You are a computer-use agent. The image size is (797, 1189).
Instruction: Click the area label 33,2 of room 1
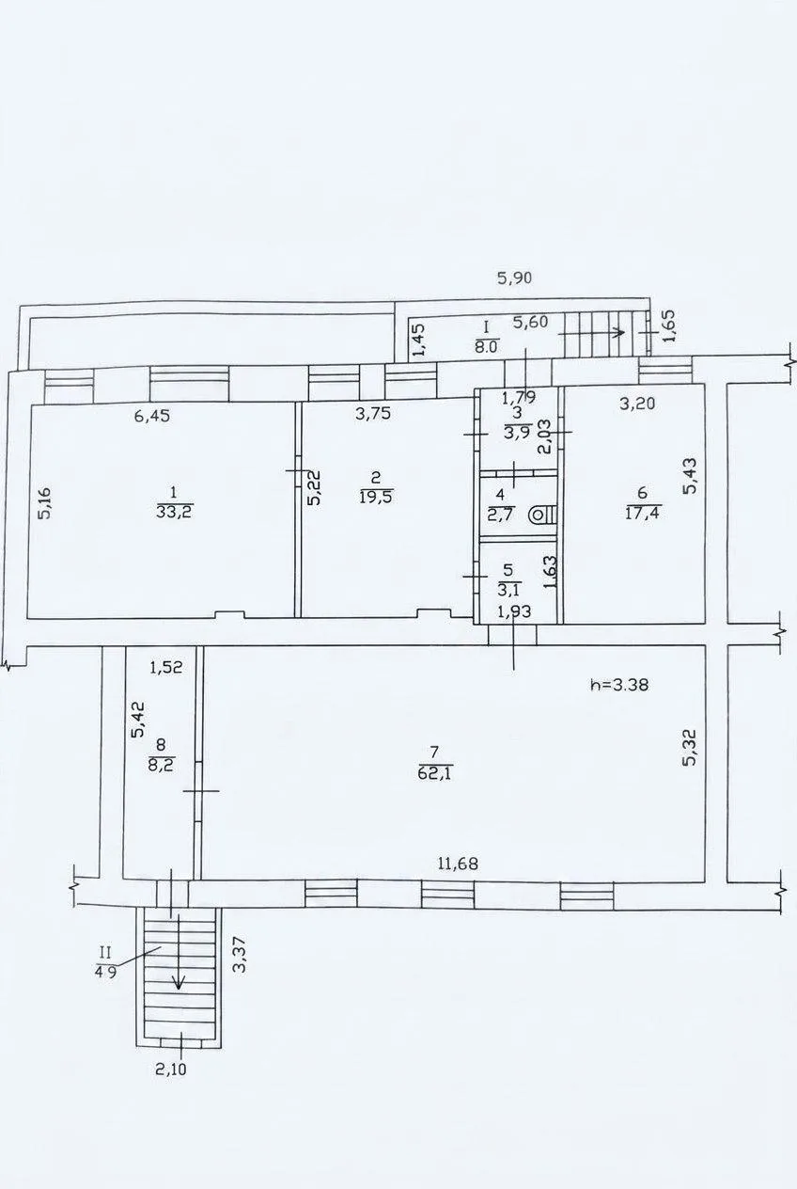tap(175, 511)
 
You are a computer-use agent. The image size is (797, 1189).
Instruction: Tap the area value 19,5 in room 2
tap(376, 498)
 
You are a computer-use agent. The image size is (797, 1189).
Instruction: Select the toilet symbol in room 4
tap(542, 514)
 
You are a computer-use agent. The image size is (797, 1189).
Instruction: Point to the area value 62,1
tap(435, 772)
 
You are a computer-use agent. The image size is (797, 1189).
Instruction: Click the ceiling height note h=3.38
tap(619, 685)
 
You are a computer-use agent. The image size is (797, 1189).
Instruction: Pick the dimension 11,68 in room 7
tap(458, 864)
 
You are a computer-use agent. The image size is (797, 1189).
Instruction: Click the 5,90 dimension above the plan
tap(514, 277)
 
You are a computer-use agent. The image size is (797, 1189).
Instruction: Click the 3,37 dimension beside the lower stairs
tap(241, 954)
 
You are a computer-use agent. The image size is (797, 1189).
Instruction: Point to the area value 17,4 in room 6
tap(642, 513)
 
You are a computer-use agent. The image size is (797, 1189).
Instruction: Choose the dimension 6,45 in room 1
tap(152, 416)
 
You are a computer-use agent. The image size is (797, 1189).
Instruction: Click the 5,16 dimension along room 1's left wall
tap(46, 502)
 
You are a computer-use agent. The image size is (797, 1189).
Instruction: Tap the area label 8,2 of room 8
tap(162, 765)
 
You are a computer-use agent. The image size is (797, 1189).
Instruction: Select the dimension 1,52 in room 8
tap(166, 667)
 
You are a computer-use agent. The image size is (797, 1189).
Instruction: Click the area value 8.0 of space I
tap(486, 347)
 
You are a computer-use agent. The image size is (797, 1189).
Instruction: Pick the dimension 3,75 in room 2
tap(373, 414)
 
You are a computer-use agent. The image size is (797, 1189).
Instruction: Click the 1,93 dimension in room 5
tap(514, 611)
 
